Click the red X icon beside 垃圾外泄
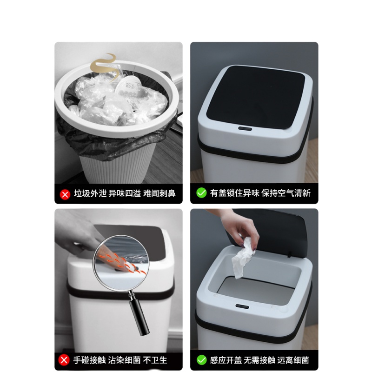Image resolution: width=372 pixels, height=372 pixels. tap(65, 194)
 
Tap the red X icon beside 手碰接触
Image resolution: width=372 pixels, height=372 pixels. tap(64, 360)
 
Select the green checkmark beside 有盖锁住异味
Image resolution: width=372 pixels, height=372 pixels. tap(201, 193)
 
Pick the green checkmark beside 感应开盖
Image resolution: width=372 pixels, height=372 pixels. tap(201, 360)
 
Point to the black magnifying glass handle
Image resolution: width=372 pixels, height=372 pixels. tap(139, 315)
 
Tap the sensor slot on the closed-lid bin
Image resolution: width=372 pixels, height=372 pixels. tap(245, 129)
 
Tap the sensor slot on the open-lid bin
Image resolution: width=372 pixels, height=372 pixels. tap(242, 306)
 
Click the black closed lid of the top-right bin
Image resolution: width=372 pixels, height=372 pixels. tap(256, 96)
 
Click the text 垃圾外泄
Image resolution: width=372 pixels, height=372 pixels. tap(90, 193)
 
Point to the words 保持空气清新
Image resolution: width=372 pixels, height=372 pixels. tap(286, 193)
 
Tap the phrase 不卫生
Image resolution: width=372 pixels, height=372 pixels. tap(155, 360)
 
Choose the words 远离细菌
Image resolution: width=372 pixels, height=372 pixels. tap(293, 360)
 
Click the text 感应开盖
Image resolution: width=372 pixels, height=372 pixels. tap(226, 360)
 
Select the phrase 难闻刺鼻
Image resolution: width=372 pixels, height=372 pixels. tap(159, 193)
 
